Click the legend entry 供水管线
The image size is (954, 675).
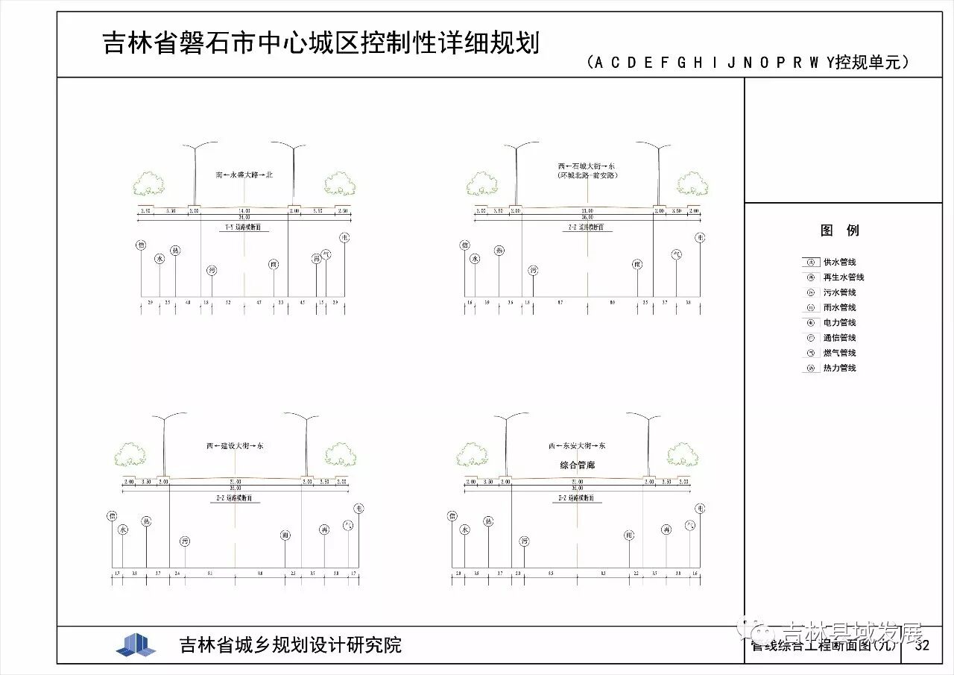pos(839,263)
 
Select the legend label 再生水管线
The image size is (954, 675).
pos(844,277)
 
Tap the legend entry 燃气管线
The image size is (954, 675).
pos(839,353)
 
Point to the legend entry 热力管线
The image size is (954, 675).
pos(839,368)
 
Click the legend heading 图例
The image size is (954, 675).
pos(840,230)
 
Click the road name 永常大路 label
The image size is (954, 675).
pos(244,175)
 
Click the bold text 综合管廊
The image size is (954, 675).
pos(577,465)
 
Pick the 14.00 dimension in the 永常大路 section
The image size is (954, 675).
pos(244,211)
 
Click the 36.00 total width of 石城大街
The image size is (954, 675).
pos(587,217)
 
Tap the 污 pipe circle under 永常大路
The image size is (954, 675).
pos(212,270)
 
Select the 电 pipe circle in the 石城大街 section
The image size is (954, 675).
pos(700,237)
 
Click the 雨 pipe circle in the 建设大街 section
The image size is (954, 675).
pos(285,535)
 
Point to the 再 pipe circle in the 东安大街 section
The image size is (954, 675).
pos(666,530)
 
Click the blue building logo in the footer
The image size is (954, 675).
pos(136,645)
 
